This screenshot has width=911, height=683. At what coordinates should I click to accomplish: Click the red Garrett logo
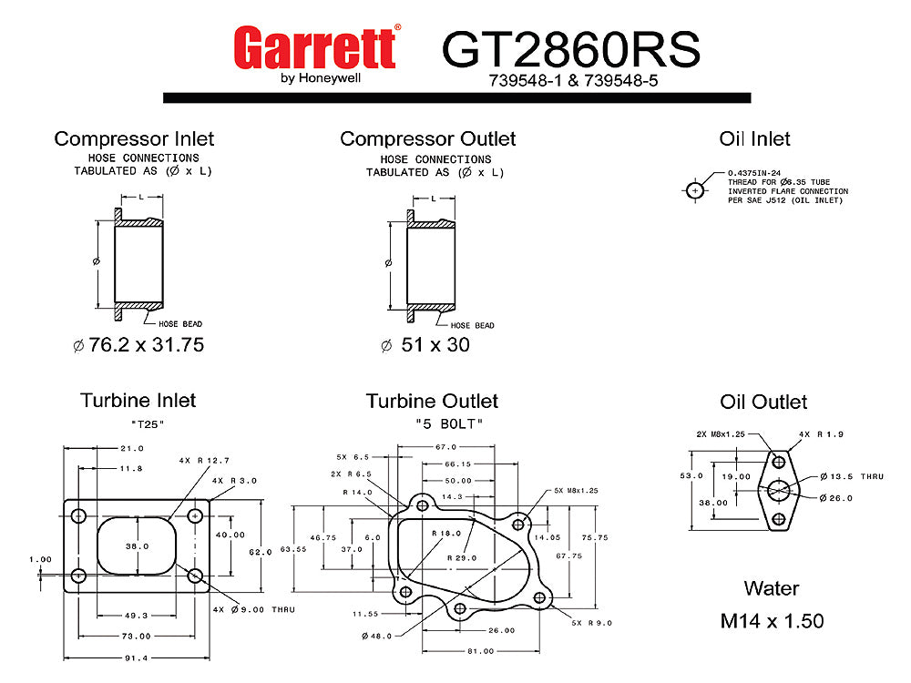tap(314, 47)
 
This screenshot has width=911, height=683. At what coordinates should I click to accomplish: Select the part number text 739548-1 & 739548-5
tap(571, 80)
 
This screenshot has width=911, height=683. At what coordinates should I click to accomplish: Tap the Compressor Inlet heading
tap(134, 139)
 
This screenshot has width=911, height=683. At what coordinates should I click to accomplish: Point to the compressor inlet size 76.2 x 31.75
tap(138, 346)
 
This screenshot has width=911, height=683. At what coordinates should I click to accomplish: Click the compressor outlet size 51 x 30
tap(425, 346)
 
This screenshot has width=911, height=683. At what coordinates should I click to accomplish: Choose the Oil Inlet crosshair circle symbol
tap(695, 191)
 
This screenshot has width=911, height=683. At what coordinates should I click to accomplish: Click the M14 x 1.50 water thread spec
tap(772, 621)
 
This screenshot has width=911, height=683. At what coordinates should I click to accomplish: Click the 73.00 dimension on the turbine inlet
tap(138, 636)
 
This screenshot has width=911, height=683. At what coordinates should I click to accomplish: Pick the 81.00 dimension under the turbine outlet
tap(480, 651)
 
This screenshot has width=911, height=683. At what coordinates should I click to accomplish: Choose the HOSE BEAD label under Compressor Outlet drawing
tap(472, 325)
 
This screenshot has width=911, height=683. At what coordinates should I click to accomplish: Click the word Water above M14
tap(771, 588)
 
